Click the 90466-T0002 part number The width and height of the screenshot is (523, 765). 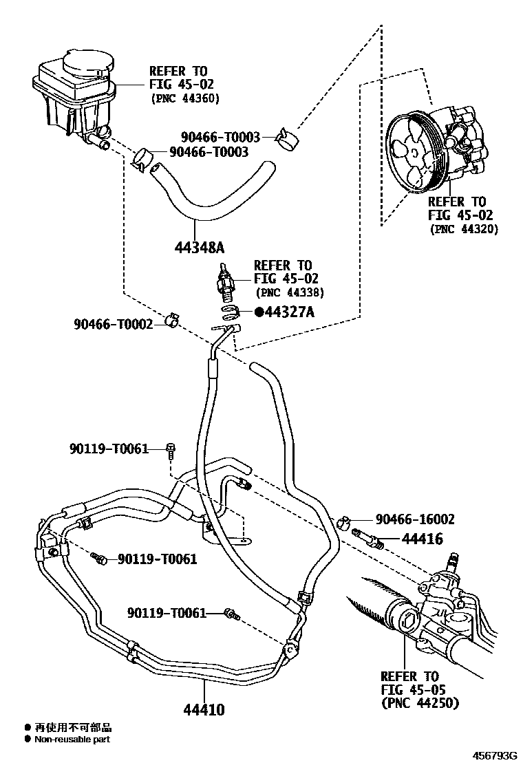114,323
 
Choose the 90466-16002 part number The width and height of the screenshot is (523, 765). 415,519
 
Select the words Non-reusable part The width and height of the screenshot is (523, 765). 72,740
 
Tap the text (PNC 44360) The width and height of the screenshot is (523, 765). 184,98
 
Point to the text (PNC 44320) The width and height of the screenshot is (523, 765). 464,229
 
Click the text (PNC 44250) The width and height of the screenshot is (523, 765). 420,703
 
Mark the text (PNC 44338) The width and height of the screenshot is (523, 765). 289,292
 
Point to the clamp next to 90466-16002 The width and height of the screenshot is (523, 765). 345,522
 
